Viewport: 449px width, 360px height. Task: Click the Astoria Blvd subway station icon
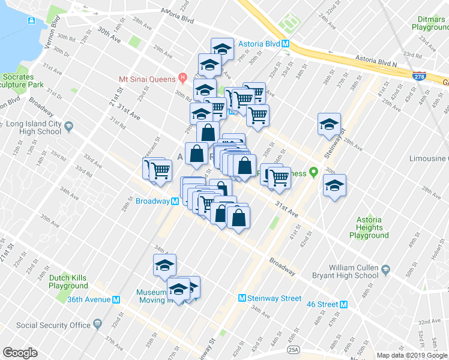286,44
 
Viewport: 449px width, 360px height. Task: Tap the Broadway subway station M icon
175,202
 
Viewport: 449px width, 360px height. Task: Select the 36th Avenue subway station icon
116,299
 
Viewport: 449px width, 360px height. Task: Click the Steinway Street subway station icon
243,298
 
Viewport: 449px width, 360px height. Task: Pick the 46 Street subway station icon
344,304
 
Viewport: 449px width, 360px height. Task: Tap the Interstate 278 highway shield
420,76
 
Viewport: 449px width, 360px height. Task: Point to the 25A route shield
293,349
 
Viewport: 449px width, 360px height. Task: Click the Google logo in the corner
20,352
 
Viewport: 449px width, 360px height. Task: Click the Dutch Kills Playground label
68,282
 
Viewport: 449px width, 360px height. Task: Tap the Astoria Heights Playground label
369,227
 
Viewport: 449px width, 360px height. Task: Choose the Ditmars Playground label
430,23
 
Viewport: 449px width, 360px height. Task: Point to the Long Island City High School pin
68,127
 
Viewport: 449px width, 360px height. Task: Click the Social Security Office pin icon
97,325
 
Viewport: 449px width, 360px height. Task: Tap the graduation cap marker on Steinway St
329,124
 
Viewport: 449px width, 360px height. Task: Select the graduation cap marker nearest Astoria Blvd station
223,48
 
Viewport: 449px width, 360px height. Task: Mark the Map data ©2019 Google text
412,355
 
